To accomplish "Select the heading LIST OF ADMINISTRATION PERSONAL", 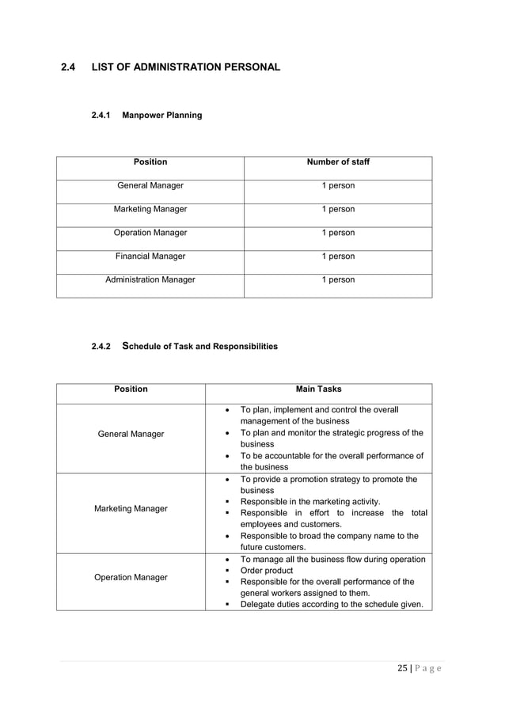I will (x=186, y=67).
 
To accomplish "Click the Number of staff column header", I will (x=338, y=162).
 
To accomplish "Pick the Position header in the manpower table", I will (x=150, y=162).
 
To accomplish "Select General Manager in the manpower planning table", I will (x=150, y=186).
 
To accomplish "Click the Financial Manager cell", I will (x=150, y=256).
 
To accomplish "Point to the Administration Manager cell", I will (x=150, y=280).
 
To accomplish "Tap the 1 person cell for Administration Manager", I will (x=338, y=280).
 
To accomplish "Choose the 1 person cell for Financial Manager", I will (x=338, y=256).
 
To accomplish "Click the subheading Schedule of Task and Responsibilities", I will (x=199, y=347).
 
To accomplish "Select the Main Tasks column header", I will (x=318, y=389).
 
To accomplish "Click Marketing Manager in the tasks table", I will (x=131, y=509).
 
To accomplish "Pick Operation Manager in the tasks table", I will (x=131, y=578).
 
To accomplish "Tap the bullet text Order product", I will (x=266, y=571).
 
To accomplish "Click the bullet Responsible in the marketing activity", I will (x=309, y=502).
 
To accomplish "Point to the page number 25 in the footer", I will (x=403, y=669).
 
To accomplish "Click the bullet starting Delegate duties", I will (x=331, y=605).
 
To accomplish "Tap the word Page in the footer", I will (x=430, y=669).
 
